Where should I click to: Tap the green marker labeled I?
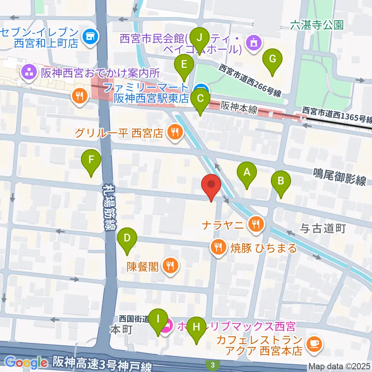coord(158,320)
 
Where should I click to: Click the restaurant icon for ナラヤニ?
coord(256,223)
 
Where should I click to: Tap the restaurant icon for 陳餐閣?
coord(170,266)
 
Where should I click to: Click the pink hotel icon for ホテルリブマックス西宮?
coord(168,326)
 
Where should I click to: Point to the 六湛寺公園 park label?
coord(317,25)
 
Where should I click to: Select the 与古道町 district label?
coord(322,229)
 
